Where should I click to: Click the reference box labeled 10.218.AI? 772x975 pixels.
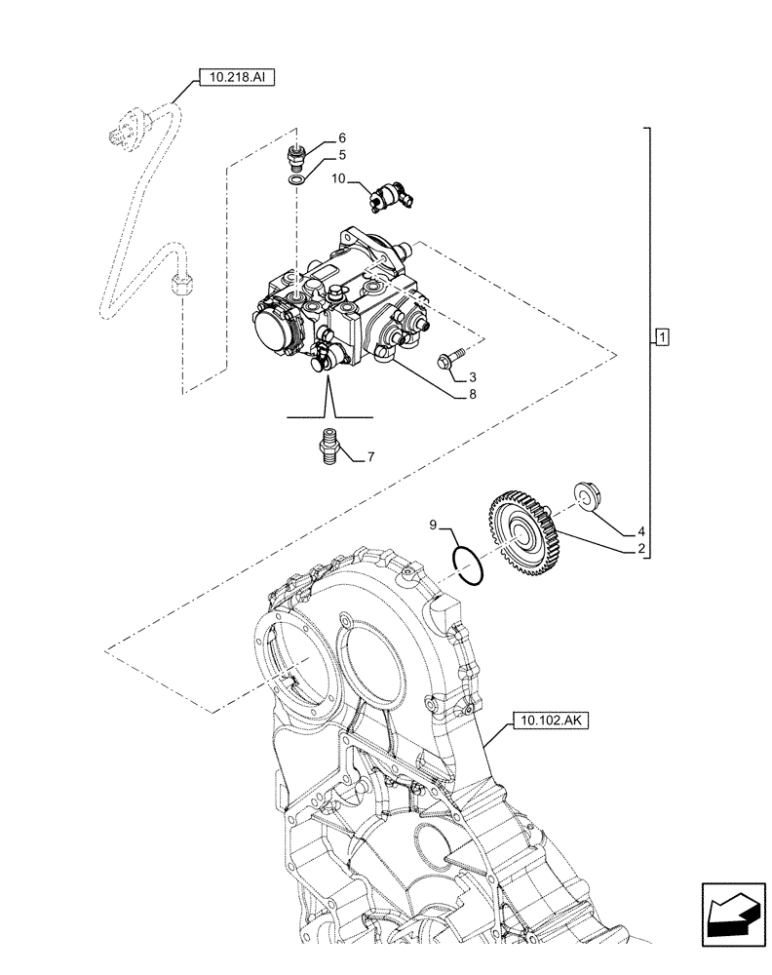tap(237, 76)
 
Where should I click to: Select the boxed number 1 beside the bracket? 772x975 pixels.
tap(662, 338)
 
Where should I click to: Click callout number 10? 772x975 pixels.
tap(337, 179)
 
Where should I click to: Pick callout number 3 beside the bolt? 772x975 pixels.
tap(473, 376)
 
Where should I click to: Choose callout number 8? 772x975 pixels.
tap(473, 396)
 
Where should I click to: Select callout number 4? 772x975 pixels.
tap(640, 531)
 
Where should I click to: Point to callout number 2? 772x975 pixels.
tap(640, 550)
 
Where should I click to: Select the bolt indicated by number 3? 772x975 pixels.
tap(450, 362)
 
